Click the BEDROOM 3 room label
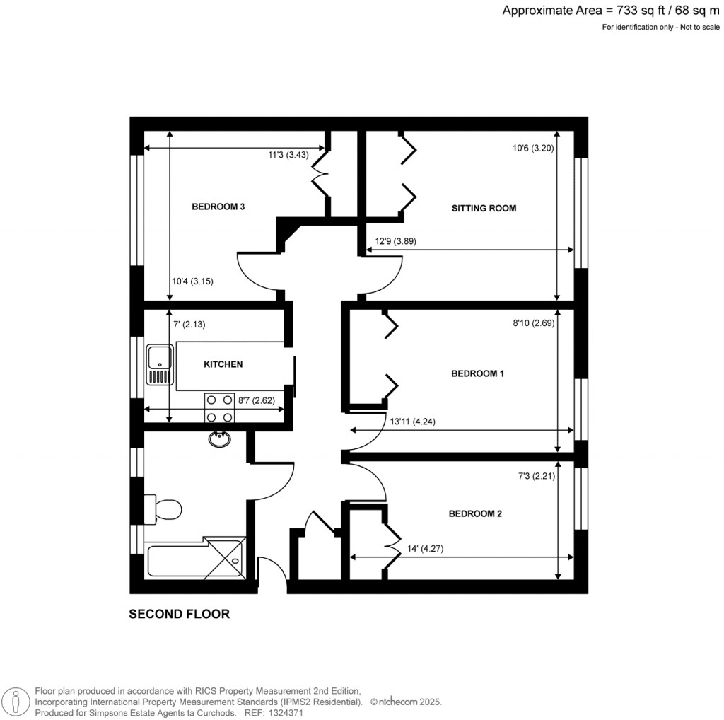(x=218, y=207)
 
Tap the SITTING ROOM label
(x=484, y=208)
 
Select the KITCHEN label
(x=223, y=364)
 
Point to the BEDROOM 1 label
(x=477, y=373)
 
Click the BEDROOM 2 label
(x=475, y=513)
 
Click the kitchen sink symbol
(x=160, y=365)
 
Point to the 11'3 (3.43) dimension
(x=297, y=153)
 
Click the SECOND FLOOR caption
(x=179, y=614)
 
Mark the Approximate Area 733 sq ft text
(x=612, y=11)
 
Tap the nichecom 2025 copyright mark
(x=406, y=702)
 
